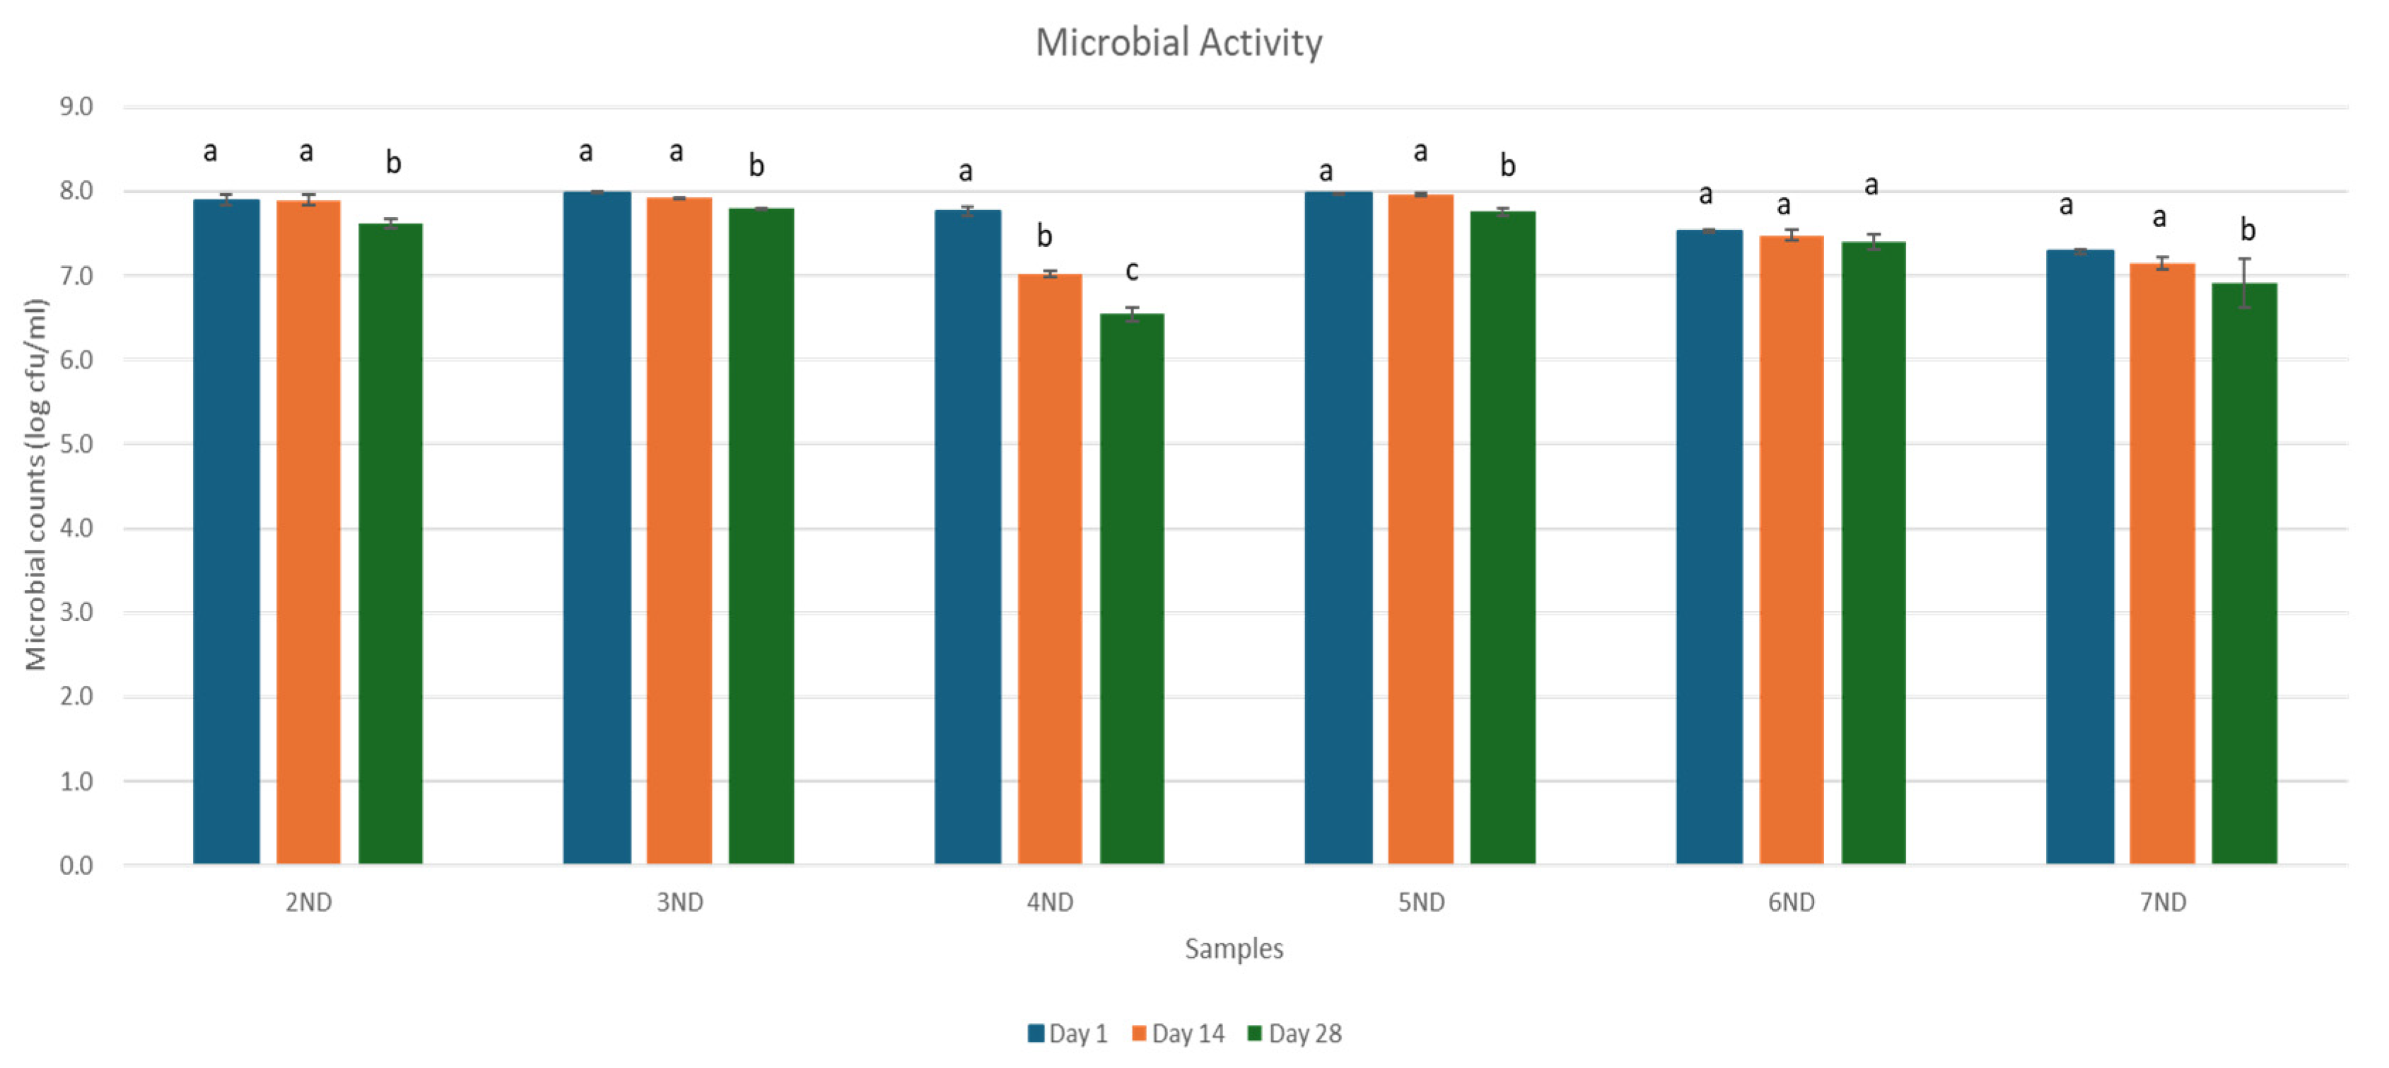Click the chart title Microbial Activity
tap(1178, 42)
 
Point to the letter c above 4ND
tap(1131, 271)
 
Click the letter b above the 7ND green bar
tap(2247, 229)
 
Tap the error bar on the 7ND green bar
tap(2244, 282)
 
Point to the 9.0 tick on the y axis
tap(76, 107)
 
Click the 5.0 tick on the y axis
tap(76, 443)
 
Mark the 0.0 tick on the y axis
tap(76, 865)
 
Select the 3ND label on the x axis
tap(679, 902)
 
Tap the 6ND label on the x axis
tap(1791, 902)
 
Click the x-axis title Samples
tap(1234, 948)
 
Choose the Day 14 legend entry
tap(1178, 1033)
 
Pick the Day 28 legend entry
tap(1295, 1033)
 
